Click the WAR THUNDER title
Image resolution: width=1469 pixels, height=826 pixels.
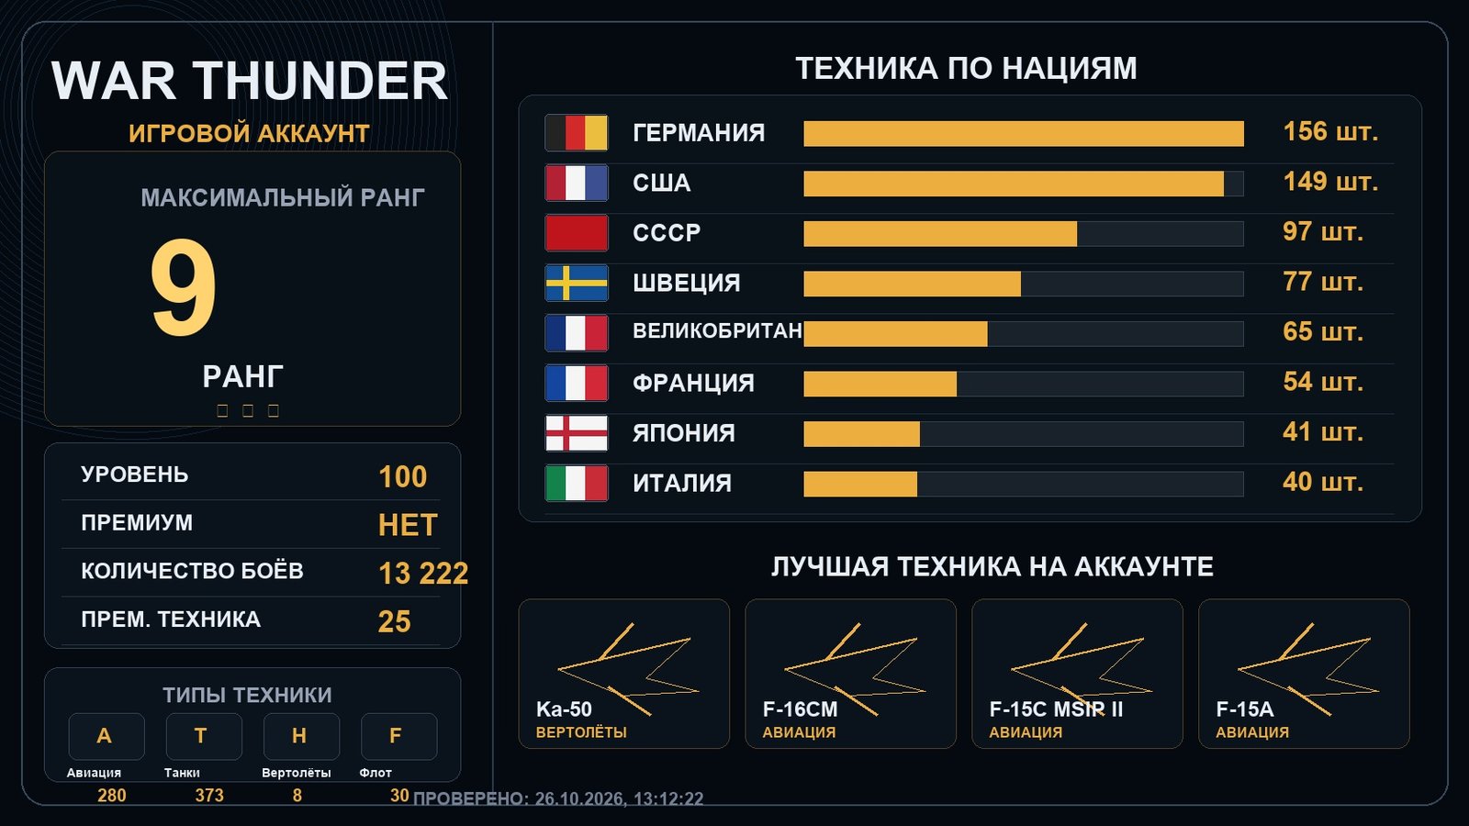point(249,81)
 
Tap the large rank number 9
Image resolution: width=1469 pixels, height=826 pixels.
point(183,287)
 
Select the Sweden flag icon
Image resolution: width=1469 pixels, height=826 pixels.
point(577,284)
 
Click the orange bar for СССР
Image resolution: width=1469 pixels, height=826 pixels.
point(940,234)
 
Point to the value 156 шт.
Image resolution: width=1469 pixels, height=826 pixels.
point(1330,132)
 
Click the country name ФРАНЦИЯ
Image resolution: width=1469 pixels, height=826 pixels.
point(693,383)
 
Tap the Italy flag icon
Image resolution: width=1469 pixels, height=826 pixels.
point(577,483)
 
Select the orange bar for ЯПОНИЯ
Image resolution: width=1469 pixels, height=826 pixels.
point(862,434)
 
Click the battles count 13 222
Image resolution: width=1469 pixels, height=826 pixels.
point(423,574)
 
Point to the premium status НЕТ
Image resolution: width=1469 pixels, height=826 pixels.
point(408,525)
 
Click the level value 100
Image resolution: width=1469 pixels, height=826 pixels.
point(403,476)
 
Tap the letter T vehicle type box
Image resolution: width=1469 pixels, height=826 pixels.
point(204,736)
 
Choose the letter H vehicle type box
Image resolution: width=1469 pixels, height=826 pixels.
point(302,736)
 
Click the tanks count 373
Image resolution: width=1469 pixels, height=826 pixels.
point(209,795)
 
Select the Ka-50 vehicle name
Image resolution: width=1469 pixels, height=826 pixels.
point(564,709)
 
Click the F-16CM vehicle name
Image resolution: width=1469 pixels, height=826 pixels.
point(800,709)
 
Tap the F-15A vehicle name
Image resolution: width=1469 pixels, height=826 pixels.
point(1245,709)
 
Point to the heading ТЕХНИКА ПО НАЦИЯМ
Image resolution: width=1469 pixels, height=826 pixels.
point(966,68)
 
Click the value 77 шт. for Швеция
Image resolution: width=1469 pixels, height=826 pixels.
point(1323,282)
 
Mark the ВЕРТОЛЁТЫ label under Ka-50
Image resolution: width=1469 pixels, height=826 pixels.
point(581,732)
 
